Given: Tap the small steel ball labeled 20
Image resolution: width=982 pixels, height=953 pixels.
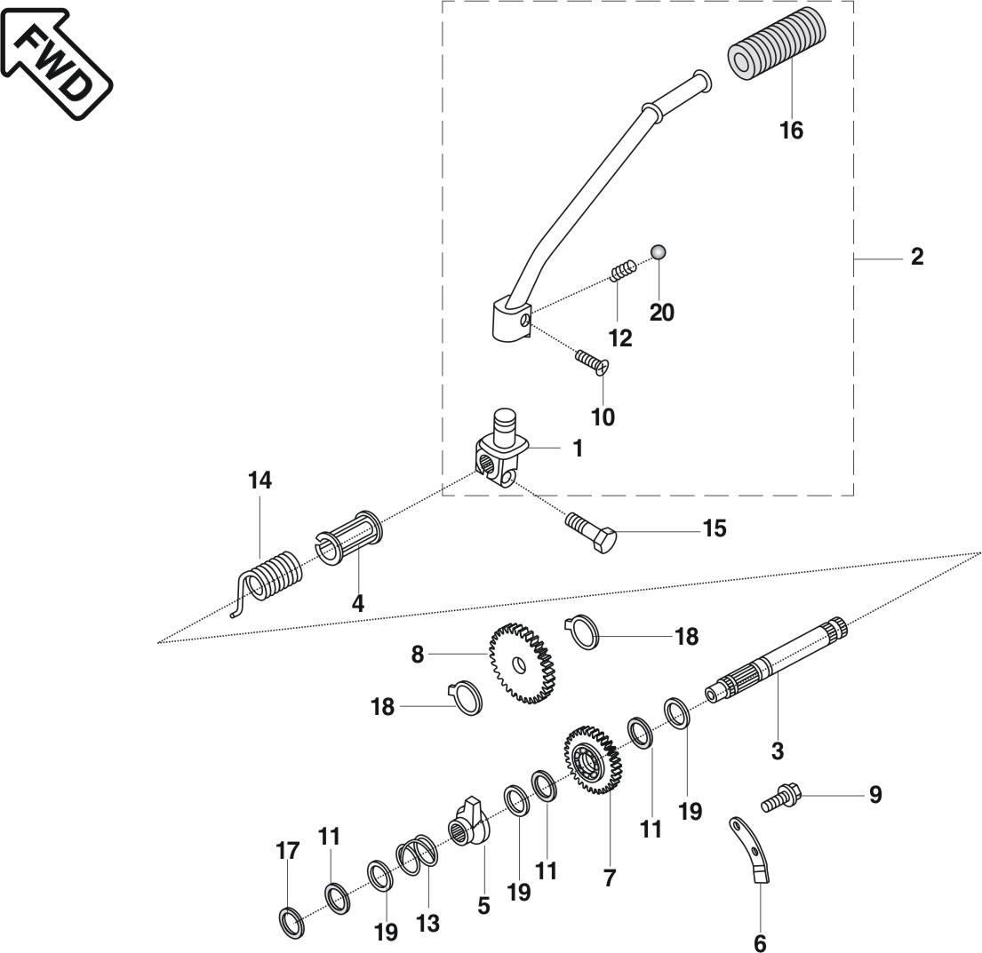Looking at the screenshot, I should (659, 252).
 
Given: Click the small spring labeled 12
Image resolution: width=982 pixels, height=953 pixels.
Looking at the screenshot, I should (622, 269).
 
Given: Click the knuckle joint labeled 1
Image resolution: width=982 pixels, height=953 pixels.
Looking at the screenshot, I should (501, 449).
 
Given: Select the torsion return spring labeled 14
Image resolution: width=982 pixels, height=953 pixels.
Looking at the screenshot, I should (272, 577).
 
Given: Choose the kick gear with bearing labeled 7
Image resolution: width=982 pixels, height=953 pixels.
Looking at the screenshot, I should (593, 759).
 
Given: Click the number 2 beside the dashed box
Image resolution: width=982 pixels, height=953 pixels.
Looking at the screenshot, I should (916, 257).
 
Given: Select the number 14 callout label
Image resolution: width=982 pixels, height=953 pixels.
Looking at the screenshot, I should (259, 480).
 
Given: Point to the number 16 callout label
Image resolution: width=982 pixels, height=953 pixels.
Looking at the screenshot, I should (791, 131).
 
